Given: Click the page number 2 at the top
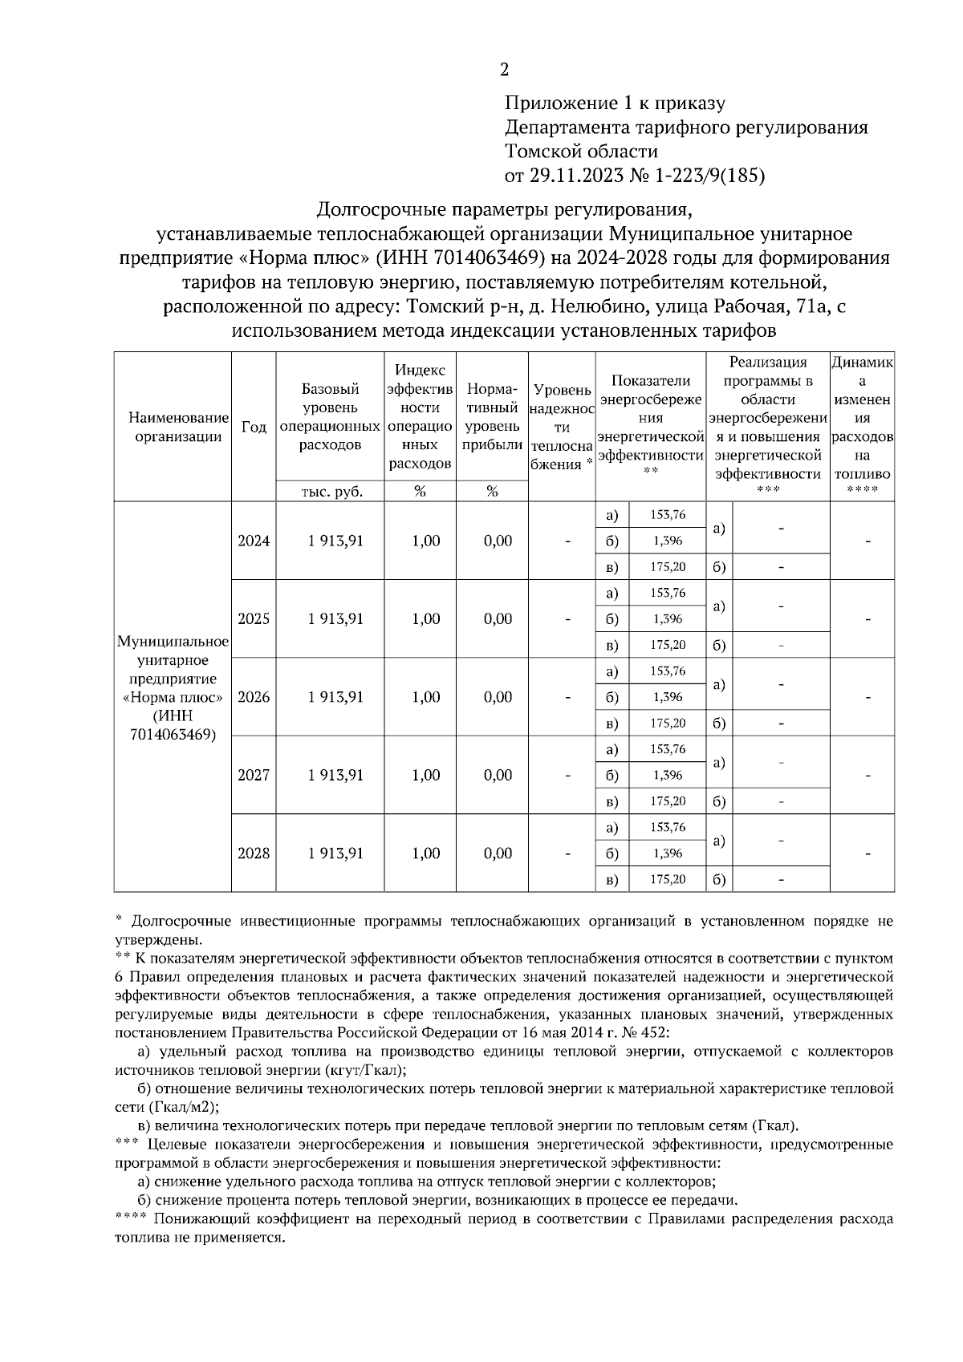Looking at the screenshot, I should (x=504, y=71).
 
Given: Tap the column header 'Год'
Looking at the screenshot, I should (x=254, y=427).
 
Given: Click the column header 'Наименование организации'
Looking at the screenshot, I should (x=173, y=427).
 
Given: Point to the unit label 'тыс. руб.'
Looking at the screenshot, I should (x=331, y=492).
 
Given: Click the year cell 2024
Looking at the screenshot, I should (x=254, y=541).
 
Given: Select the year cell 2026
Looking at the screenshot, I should (x=254, y=697).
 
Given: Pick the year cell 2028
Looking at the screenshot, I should (x=254, y=853).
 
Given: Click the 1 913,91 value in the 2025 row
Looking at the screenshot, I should (x=335, y=619).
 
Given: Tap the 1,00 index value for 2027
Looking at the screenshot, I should (x=425, y=776).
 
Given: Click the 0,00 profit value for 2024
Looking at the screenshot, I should (x=498, y=541).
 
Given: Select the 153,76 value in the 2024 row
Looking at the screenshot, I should (x=668, y=515).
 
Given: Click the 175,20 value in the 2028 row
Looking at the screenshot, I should (x=668, y=879).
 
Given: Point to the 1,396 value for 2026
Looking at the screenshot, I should (x=668, y=697).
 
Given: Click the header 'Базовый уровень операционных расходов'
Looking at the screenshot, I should (x=331, y=417).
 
